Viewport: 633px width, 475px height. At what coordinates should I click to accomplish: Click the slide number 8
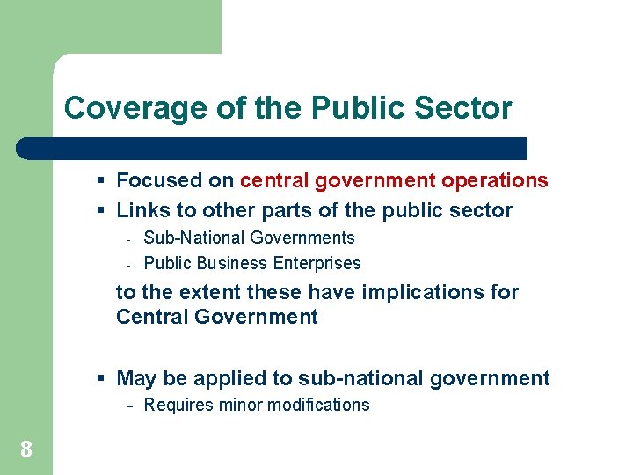pos(26,450)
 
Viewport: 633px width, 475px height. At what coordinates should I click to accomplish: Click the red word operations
pos(495,180)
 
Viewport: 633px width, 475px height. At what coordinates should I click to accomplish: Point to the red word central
pos(274,180)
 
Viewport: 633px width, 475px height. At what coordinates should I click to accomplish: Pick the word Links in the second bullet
pos(139,210)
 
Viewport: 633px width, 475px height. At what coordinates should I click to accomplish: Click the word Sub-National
pos(194,237)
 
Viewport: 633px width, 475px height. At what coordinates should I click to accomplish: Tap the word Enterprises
pos(317,263)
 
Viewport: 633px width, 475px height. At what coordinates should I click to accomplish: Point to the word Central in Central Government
pos(150,317)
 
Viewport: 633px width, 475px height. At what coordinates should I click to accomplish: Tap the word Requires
pos(178,406)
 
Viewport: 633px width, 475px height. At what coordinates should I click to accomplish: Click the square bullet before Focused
pos(102,180)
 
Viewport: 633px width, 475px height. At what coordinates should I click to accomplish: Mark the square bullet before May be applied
pos(102,379)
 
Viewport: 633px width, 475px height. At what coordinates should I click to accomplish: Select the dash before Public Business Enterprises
pos(128,264)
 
